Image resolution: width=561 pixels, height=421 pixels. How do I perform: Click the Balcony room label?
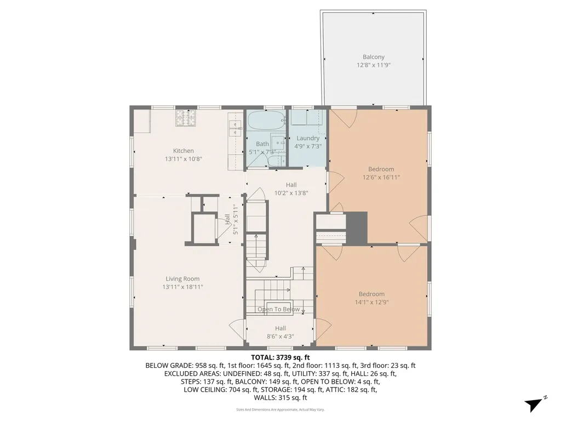point(373,57)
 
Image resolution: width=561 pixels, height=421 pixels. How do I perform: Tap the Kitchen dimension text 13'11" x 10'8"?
point(183,159)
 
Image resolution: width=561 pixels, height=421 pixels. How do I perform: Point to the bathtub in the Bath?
point(265,118)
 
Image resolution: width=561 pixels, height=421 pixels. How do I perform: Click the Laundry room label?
point(307,139)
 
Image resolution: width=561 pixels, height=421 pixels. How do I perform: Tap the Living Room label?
point(182,278)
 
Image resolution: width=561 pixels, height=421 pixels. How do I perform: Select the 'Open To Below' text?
point(279,309)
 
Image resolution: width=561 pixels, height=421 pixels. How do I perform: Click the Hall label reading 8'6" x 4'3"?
point(280,337)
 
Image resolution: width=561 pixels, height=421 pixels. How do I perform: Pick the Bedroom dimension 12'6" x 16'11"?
point(381,177)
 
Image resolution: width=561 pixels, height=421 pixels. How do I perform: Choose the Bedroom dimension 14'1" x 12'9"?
point(371,301)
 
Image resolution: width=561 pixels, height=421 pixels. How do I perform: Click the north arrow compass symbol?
point(534,404)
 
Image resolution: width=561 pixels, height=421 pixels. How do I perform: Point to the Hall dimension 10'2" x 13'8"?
point(291,193)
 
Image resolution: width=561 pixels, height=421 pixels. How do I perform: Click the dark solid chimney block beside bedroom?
point(357,227)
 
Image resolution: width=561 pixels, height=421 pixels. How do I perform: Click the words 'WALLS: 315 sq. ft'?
point(280,397)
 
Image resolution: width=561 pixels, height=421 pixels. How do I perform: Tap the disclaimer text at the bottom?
point(280,409)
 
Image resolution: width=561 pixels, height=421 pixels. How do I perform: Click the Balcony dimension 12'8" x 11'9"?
point(373,65)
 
